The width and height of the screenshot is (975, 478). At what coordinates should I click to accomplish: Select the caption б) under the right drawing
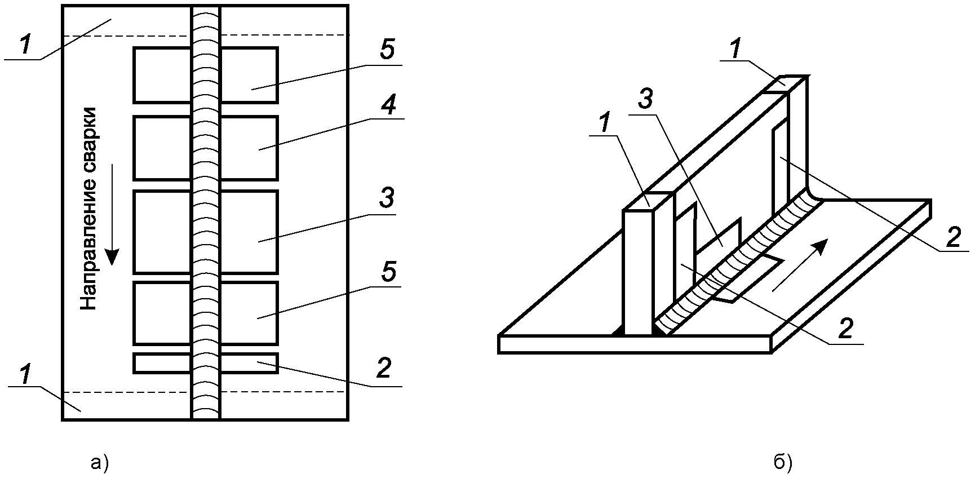[783, 463]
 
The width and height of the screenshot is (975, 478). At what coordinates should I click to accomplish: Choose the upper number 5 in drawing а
[387, 50]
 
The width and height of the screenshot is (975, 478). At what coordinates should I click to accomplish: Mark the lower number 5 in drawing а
[388, 272]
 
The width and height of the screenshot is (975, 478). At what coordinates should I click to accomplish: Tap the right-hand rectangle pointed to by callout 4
[249, 148]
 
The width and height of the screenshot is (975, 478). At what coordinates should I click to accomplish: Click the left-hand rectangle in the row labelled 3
[162, 232]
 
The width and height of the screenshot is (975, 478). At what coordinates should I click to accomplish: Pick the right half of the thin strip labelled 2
[249, 363]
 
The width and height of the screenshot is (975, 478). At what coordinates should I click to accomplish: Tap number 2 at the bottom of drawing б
[845, 328]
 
